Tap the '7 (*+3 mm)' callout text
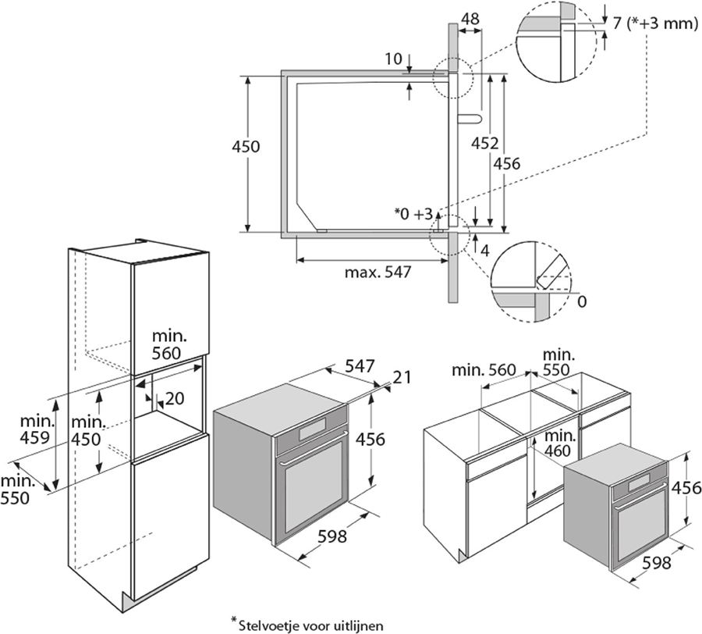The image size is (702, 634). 654,23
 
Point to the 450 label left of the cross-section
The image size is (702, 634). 246,146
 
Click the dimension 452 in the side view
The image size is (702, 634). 484,143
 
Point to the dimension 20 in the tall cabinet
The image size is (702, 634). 175,399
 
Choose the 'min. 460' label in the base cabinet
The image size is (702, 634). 561,443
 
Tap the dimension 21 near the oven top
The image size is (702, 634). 402,377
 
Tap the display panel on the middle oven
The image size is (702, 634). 317,427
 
